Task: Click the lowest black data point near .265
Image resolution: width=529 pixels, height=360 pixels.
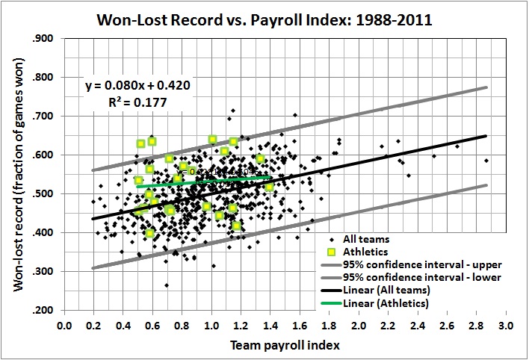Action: pyautogui.click(x=167, y=285)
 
